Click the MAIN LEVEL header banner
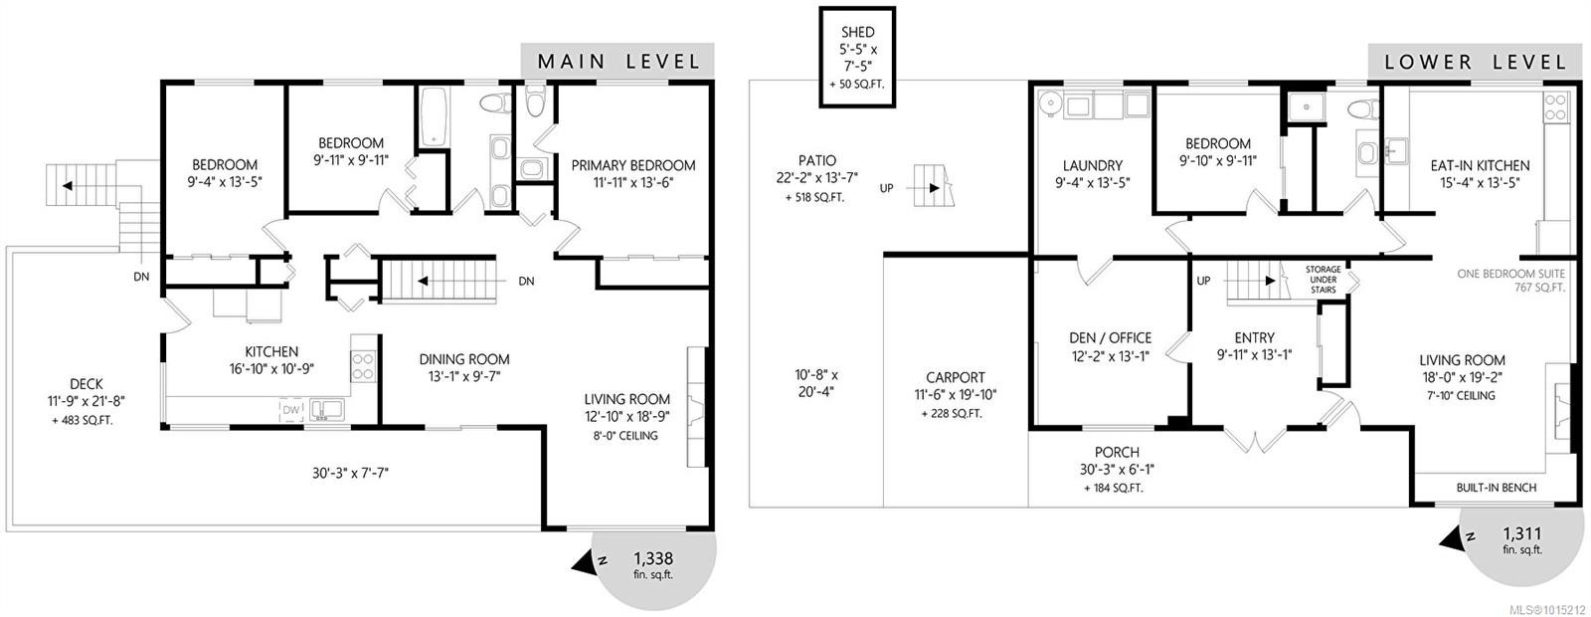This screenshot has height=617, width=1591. pos(618,61)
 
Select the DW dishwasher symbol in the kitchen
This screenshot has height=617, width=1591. pos(290,409)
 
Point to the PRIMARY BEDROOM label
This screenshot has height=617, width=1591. pos(632,165)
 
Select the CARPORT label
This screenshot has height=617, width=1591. pos(955,377)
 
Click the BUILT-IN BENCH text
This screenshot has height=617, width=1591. pos(1496,488)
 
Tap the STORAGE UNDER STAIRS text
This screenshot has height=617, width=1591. pos(1324,280)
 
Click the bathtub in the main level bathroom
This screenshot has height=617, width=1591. pos(435,119)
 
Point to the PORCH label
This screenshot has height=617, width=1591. pos(1117,452)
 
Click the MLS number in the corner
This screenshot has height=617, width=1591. pos(1547,608)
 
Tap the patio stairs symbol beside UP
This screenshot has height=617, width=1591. pos(932,186)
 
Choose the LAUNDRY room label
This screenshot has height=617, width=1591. pos(1092,165)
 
